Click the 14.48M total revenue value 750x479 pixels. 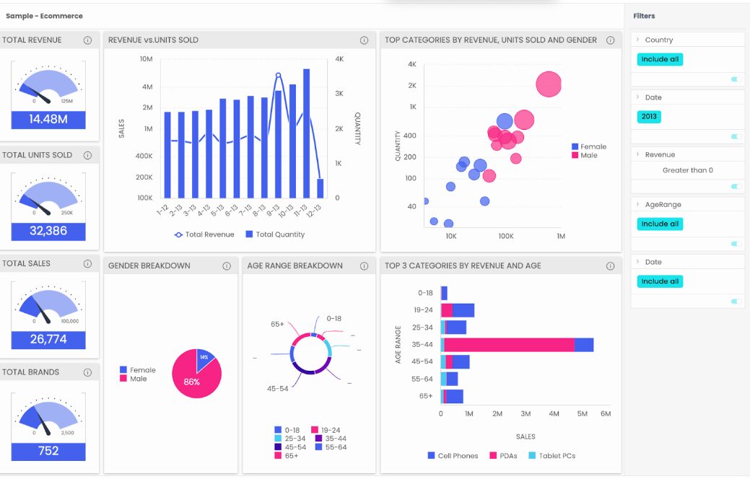[x=48, y=120]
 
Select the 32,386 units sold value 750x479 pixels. [x=48, y=232]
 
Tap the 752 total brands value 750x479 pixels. [x=48, y=452]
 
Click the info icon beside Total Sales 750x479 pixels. [x=88, y=264]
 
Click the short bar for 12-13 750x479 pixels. [x=321, y=188]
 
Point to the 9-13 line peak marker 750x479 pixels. [x=278, y=75]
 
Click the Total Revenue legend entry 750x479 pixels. [x=204, y=234]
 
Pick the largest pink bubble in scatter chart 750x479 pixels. [x=549, y=84]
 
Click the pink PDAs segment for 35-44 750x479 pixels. [x=510, y=345]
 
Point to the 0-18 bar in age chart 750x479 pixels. [x=444, y=293]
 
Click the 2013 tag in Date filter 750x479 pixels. [x=650, y=116]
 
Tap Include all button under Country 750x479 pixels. [x=660, y=59]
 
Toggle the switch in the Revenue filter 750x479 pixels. [x=736, y=187]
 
